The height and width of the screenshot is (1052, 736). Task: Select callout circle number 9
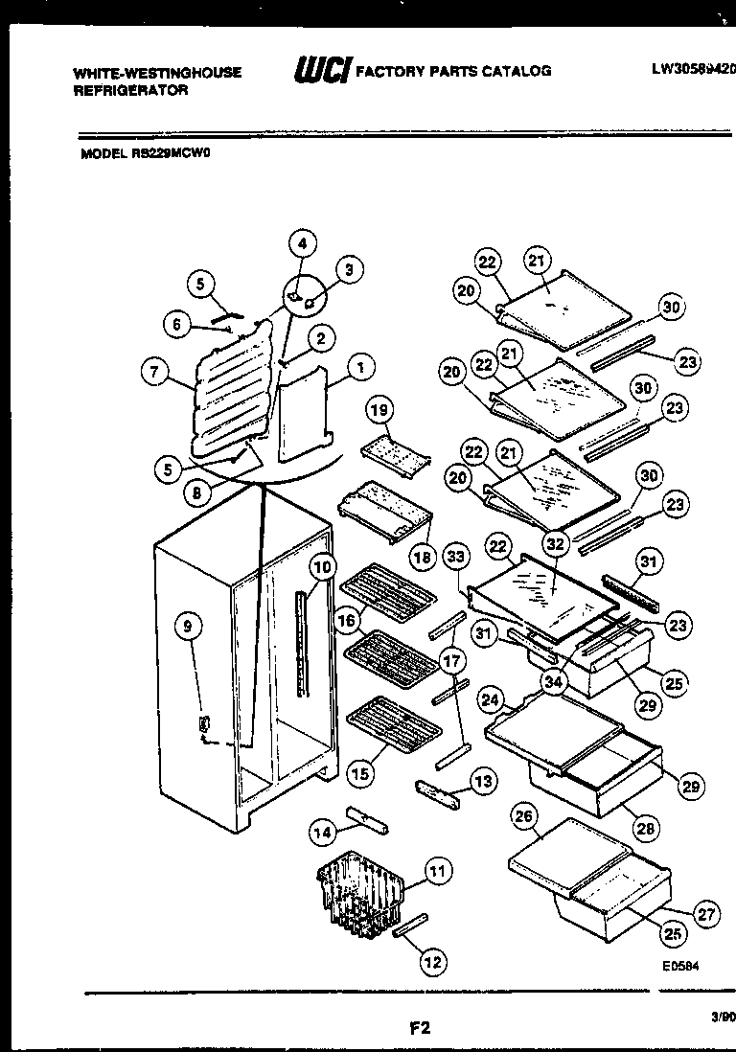click(189, 627)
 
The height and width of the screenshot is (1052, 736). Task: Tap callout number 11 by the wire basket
click(436, 872)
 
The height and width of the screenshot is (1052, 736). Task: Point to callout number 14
click(324, 834)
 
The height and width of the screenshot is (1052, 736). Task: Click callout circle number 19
click(379, 409)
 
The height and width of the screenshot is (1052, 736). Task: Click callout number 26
click(523, 817)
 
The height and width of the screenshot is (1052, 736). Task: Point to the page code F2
click(419, 1029)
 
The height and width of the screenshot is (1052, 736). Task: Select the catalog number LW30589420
click(693, 69)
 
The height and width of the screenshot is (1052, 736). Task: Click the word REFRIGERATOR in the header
click(131, 90)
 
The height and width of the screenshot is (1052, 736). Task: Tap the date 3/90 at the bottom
click(723, 1019)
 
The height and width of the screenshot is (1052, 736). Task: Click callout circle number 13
click(484, 782)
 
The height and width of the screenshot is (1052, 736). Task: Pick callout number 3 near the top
click(349, 270)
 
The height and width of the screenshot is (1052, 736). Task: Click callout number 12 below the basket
click(433, 962)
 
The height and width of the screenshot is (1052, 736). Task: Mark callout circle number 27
click(706, 914)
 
